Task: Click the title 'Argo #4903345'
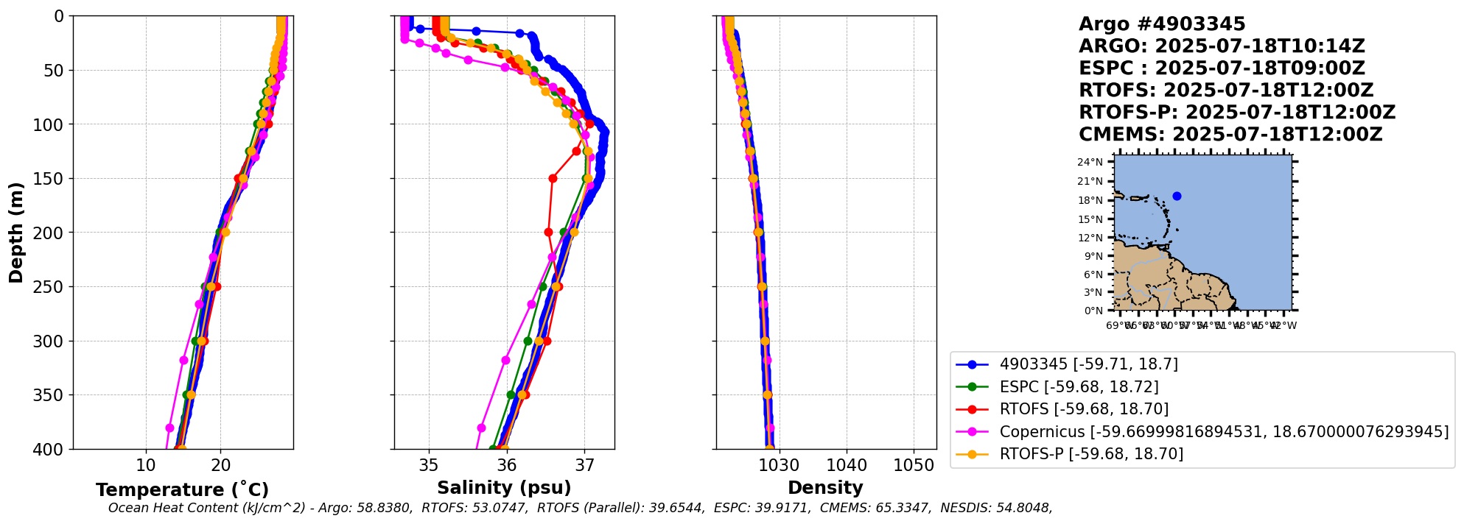pos(1161,24)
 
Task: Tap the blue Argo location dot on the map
pos(1177,196)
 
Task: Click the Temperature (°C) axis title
pos(182,489)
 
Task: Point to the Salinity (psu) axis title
pos(504,487)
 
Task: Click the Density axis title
pos(825,487)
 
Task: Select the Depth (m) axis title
pos(16,233)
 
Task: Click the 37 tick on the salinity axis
pos(584,465)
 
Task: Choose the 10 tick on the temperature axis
pos(146,465)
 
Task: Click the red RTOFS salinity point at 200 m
pos(548,232)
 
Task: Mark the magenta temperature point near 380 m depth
pos(170,428)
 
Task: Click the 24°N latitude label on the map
pos(1090,162)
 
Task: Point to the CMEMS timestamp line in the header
pos(1230,135)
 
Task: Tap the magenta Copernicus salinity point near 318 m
pos(505,360)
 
